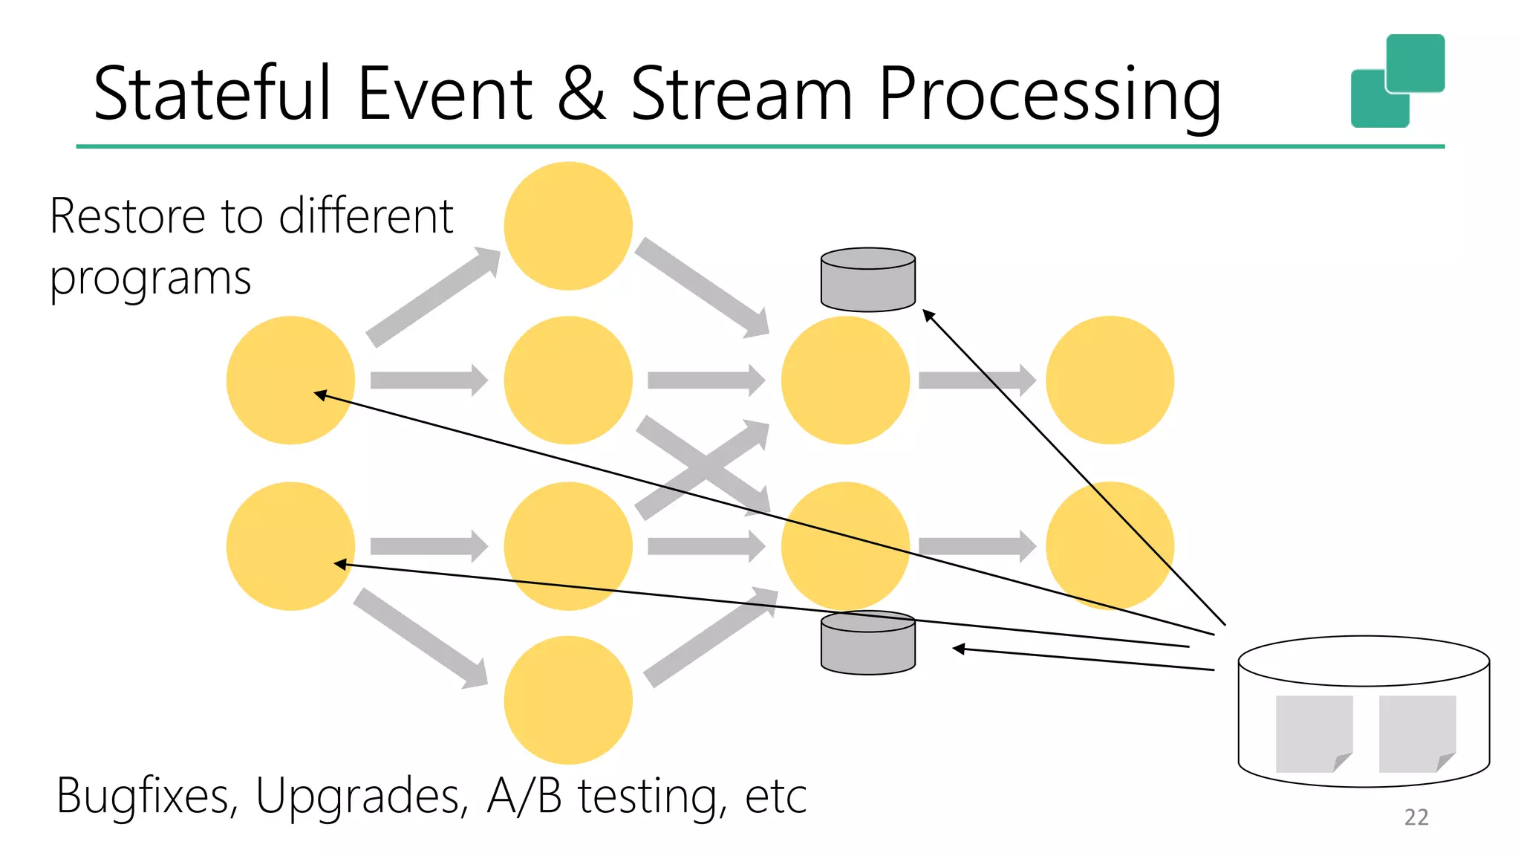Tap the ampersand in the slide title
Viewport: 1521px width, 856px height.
[x=581, y=94]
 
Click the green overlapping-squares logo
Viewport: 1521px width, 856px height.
[x=1397, y=81]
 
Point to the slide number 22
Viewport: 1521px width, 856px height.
[x=1416, y=817]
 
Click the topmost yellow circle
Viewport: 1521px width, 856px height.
[x=568, y=226]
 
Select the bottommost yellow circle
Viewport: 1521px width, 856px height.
[x=568, y=700]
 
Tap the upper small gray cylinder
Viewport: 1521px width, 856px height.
[x=867, y=280]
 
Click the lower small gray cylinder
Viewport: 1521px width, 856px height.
[x=867, y=643]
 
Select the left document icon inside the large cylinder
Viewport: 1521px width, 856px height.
[x=1313, y=734]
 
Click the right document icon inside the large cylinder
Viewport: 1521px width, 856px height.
[x=1416, y=734]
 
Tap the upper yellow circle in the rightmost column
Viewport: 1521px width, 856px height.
[x=1110, y=380]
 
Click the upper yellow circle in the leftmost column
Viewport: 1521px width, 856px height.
[x=290, y=380]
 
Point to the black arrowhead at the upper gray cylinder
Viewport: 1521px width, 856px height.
[x=928, y=315]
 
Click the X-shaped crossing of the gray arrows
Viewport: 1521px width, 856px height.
[x=702, y=467]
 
